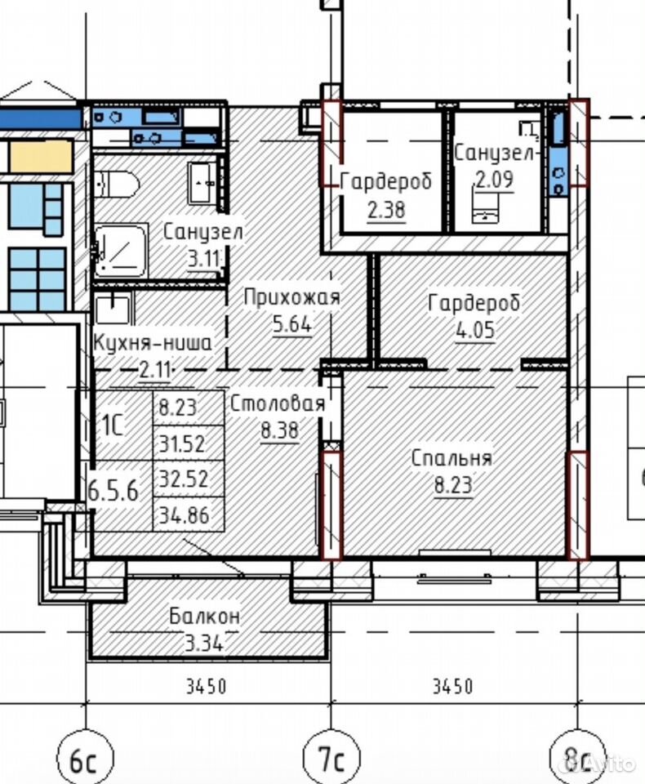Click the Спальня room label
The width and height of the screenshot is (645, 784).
(x=451, y=458)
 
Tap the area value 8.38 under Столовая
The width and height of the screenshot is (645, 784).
(x=279, y=430)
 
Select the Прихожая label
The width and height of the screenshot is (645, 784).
(x=292, y=297)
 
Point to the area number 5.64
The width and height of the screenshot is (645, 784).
(x=292, y=324)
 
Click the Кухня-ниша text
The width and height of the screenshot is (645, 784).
(x=153, y=343)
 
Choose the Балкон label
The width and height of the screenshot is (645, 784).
(x=204, y=616)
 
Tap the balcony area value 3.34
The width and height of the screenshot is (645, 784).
(x=203, y=643)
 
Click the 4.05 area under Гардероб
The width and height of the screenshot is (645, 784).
(x=475, y=330)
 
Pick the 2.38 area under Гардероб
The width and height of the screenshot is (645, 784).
(x=386, y=210)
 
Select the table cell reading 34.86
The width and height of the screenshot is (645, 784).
(x=184, y=515)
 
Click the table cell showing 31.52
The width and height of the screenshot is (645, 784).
(x=183, y=443)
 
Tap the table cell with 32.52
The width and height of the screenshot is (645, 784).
(x=184, y=479)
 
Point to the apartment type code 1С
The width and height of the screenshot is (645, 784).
(x=113, y=425)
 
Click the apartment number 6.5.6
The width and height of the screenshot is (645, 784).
(x=113, y=491)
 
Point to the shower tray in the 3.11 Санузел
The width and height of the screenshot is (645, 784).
(x=121, y=251)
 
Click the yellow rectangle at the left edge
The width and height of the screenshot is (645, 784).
(x=41, y=157)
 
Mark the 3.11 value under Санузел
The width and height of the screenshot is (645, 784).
(x=203, y=259)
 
